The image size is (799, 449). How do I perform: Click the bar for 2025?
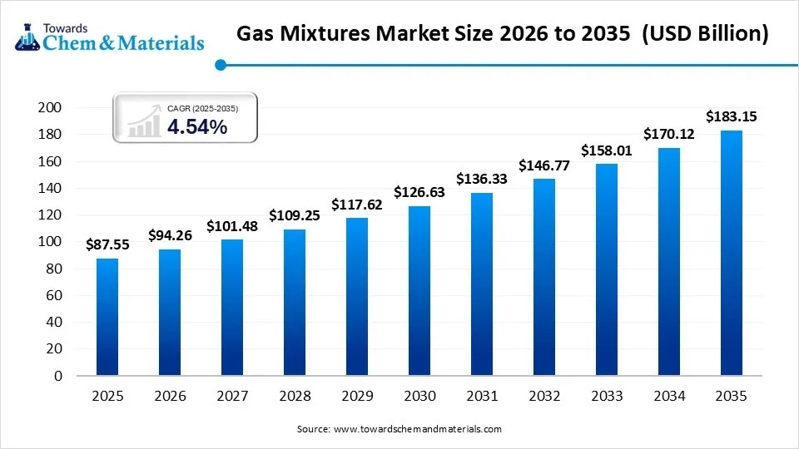coord(107,317)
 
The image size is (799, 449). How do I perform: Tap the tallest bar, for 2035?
coord(731,253)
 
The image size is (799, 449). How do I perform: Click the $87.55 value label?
coord(107,245)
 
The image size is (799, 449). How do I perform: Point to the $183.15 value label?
coord(731,117)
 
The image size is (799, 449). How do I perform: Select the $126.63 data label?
coord(419,193)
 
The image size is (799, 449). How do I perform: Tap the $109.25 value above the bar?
coord(294,215)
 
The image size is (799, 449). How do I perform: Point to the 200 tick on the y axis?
coord(51,108)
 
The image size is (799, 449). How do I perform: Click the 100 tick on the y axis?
coord(51,242)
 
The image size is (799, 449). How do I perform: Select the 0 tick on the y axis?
coord(58,377)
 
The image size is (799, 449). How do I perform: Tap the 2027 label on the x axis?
coord(232,397)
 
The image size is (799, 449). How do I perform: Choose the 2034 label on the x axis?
coord(668,397)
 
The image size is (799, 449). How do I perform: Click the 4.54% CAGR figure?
coord(197,127)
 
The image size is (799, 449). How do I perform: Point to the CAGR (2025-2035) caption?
coord(202,108)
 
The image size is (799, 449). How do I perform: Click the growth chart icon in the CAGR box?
coord(143,121)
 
